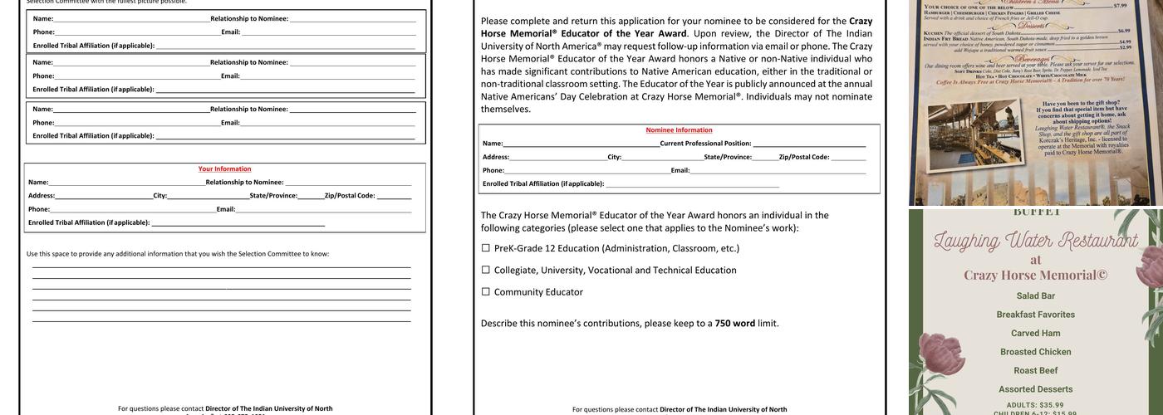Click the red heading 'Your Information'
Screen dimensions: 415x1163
click(x=224, y=169)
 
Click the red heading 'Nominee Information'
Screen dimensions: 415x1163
click(x=679, y=130)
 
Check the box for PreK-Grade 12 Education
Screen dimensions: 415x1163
click(x=486, y=248)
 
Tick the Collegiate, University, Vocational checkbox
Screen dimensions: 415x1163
click(x=486, y=270)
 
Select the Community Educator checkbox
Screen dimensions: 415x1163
click(x=486, y=292)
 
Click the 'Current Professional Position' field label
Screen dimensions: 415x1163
click(x=705, y=144)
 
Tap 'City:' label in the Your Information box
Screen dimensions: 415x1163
click(x=159, y=196)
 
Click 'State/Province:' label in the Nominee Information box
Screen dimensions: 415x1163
click(x=728, y=157)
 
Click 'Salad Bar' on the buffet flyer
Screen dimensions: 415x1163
click(x=1036, y=296)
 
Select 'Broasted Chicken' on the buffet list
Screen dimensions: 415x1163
click(x=1036, y=352)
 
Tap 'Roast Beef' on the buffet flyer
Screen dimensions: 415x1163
click(x=1036, y=371)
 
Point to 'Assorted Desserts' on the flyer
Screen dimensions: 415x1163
click(x=1036, y=389)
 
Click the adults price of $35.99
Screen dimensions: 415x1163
click(x=1035, y=405)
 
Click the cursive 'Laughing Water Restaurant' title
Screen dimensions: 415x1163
click(x=1035, y=242)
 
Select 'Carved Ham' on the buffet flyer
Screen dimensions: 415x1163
click(x=1036, y=334)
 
